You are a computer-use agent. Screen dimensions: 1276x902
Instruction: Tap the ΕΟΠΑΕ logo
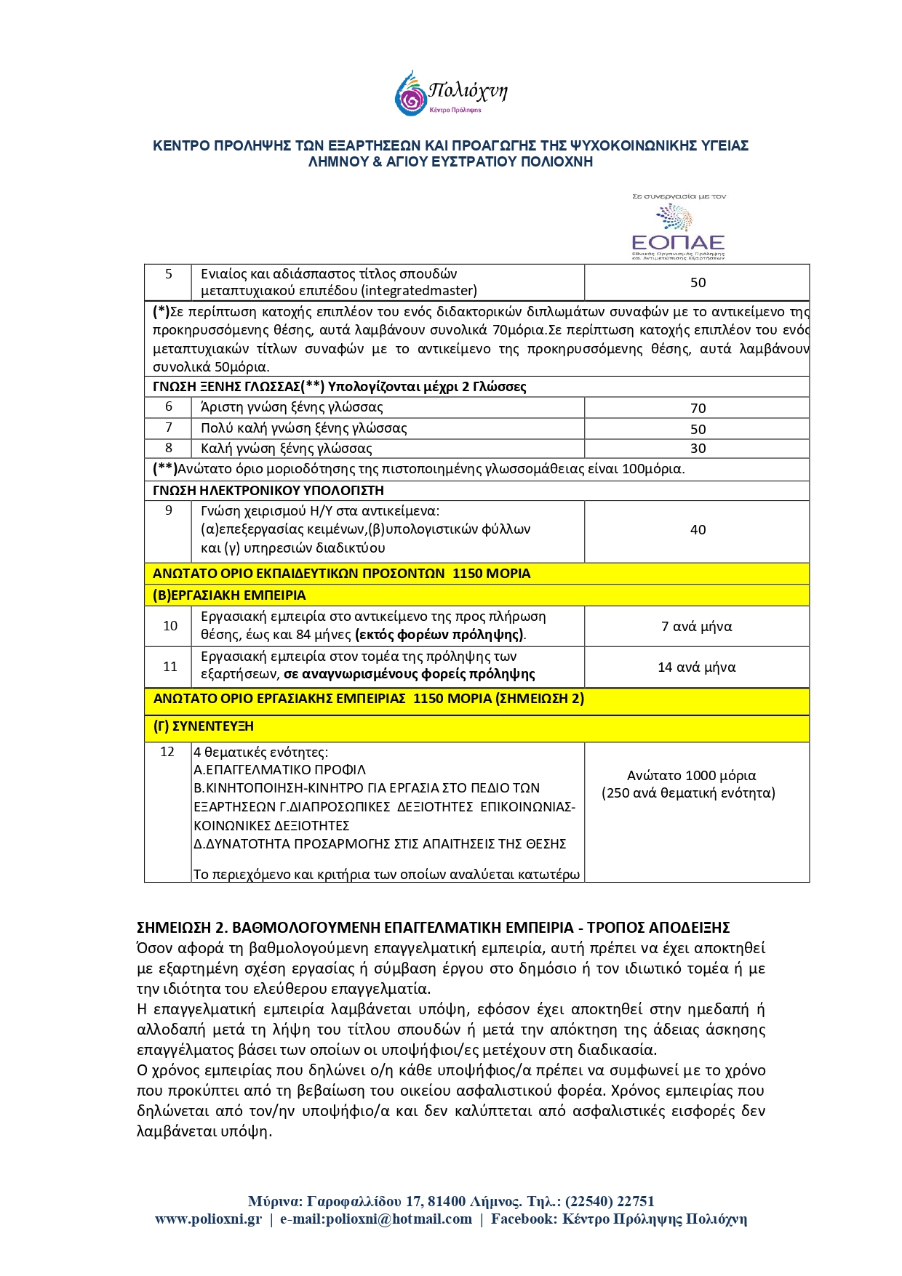coord(678,230)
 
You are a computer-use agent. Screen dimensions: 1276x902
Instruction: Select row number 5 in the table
coord(169,275)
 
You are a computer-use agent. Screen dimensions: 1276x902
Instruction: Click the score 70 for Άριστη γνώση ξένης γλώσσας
coord(698,409)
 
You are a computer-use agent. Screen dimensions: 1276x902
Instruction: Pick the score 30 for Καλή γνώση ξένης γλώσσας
coord(698,449)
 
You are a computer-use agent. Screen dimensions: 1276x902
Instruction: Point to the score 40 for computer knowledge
coord(698,530)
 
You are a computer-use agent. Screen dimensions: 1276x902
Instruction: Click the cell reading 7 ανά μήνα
coord(696,627)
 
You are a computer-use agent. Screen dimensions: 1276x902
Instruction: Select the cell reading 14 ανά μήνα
coord(696,667)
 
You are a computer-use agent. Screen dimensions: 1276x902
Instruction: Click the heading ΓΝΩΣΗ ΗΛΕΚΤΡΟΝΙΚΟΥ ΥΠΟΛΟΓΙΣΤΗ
coord(268,491)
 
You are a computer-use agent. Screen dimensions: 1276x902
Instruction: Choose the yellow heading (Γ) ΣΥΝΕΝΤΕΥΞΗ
coord(204,726)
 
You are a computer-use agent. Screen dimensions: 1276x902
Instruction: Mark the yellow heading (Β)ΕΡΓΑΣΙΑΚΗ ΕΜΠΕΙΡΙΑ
coord(229,595)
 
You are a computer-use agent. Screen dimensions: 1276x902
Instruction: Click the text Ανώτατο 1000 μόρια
coord(691,776)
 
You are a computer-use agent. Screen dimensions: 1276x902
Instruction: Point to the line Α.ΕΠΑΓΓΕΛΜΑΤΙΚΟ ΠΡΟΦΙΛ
coord(280,770)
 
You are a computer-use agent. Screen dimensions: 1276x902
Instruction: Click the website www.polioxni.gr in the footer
coord(208,1219)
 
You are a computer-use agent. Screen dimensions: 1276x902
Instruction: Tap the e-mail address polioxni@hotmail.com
coord(399,1219)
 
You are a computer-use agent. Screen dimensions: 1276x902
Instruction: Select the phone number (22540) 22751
coord(610,1202)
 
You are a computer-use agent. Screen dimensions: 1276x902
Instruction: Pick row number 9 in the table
coord(169,511)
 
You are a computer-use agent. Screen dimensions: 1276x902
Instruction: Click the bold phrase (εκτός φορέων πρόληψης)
coord(439,635)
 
